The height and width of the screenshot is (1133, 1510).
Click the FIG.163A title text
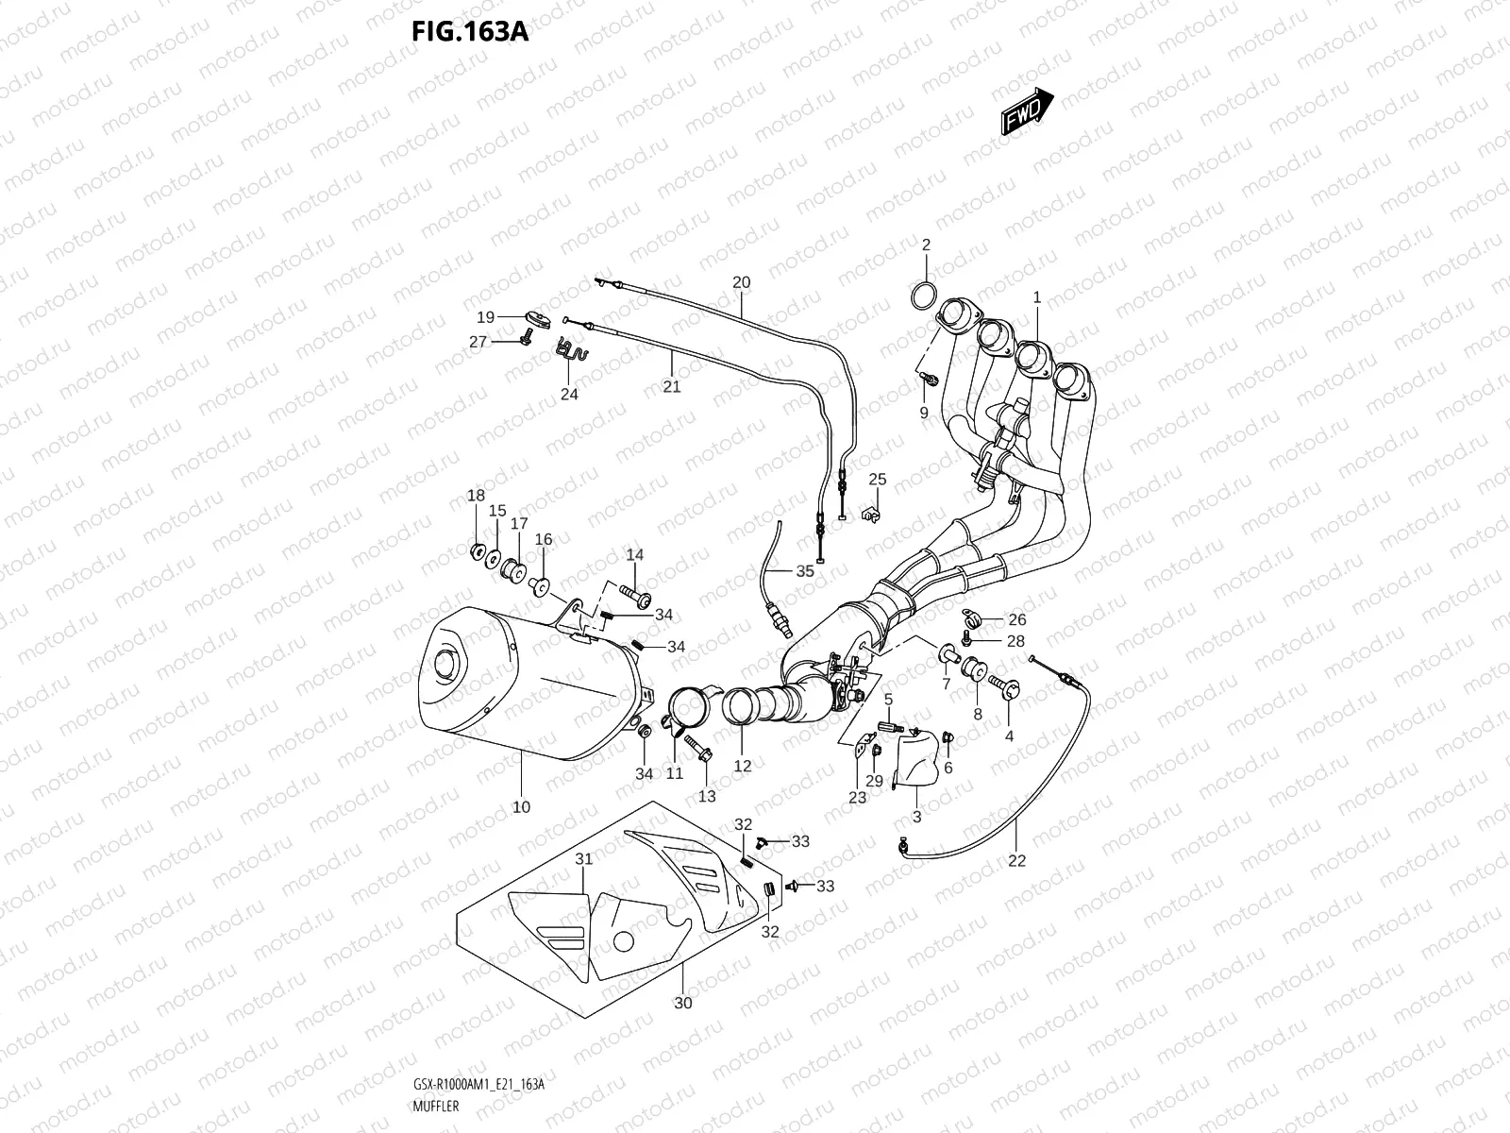click(469, 33)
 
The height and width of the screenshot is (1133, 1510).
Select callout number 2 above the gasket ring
click(926, 245)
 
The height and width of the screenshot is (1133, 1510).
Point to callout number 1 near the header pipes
click(1036, 297)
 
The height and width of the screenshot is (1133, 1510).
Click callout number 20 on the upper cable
click(741, 282)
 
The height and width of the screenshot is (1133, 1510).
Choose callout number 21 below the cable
click(671, 386)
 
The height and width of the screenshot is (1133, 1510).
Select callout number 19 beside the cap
click(485, 317)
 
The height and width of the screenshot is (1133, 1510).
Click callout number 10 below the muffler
click(521, 807)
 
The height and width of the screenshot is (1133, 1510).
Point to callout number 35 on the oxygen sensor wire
click(804, 571)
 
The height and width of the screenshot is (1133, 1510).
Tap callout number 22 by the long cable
click(1016, 860)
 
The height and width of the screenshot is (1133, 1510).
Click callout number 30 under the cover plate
click(683, 1003)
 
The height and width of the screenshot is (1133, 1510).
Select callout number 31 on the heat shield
click(584, 859)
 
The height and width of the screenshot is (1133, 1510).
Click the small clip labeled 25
click(871, 514)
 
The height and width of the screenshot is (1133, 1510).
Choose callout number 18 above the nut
click(476, 497)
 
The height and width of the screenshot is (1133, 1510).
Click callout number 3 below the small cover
click(916, 817)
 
